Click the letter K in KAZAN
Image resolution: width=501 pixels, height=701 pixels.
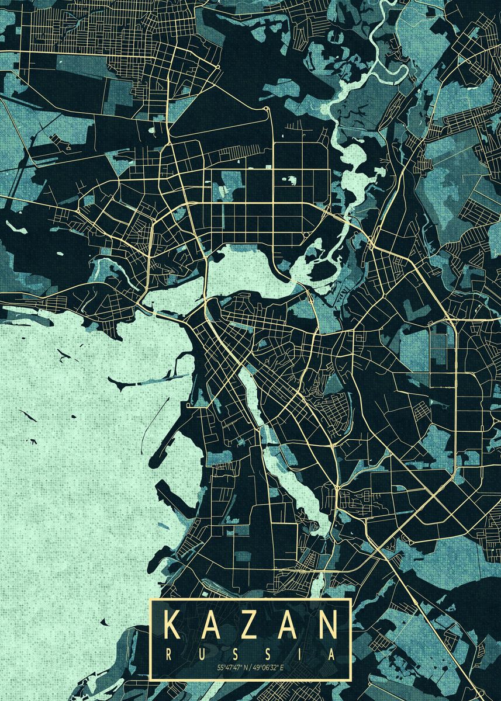174,625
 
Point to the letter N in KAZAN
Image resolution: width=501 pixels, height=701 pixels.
327,625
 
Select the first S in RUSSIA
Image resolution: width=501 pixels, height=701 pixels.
234,655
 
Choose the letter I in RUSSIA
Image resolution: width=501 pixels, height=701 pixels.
299,655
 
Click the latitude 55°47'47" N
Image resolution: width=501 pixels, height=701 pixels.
233,667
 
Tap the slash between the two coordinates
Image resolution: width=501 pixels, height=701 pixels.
250,667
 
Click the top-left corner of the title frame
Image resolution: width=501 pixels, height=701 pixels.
150,599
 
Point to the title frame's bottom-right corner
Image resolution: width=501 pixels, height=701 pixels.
350,680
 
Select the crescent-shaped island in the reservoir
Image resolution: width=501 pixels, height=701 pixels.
126,383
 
